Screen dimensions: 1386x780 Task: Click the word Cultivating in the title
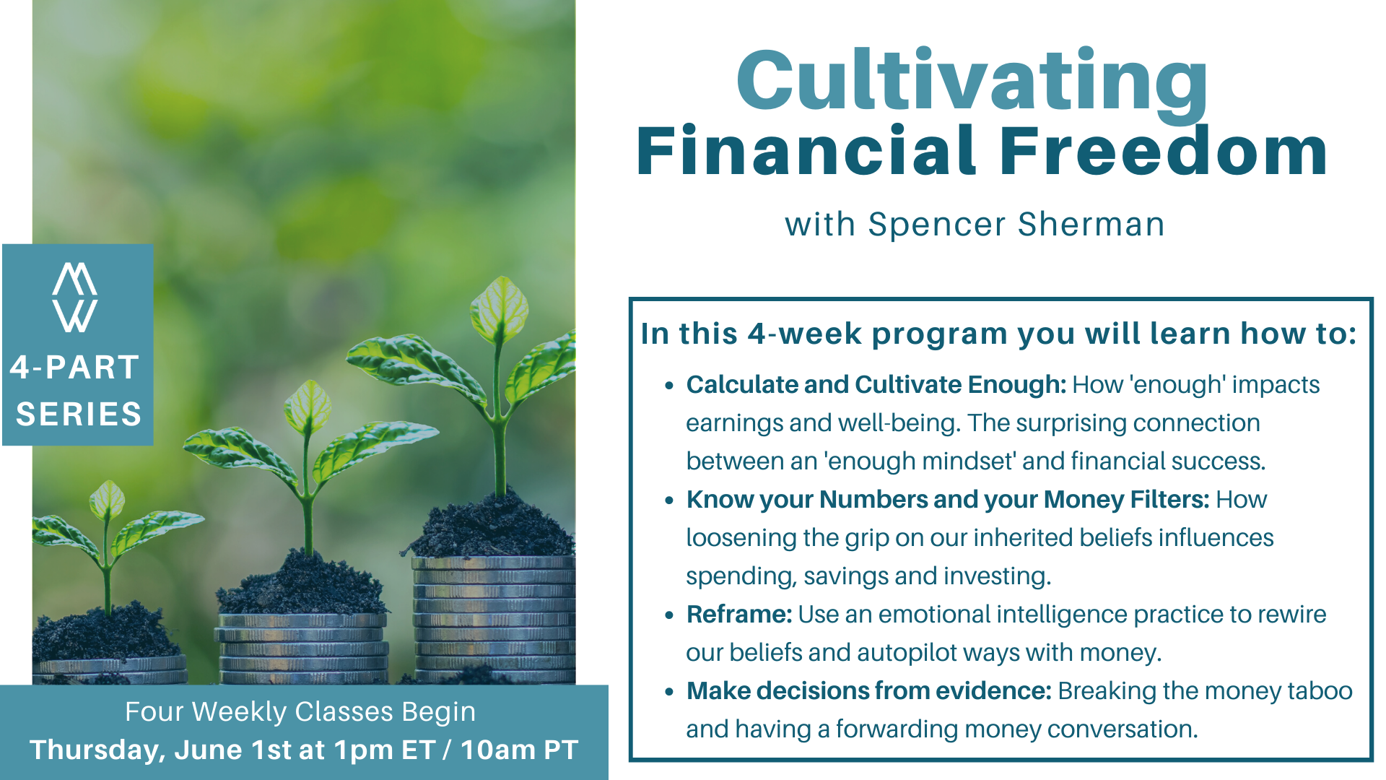(972, 81)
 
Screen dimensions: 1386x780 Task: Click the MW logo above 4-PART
(75, 297)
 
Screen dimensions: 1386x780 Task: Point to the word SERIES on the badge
(79, 414)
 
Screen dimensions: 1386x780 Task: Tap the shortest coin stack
(110, 669)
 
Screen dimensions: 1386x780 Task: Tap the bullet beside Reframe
(670, 615)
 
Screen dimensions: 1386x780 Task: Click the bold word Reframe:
(739, 614)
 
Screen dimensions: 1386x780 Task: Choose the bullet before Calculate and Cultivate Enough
(670, 386)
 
